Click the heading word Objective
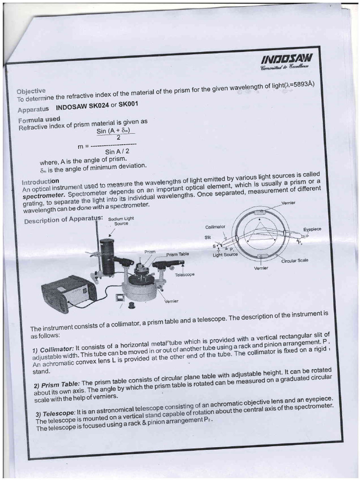[x=31, y=90]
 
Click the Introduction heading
[x=41, y=181]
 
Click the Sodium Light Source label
[x=121, y=221]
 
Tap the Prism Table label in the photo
[x=177, y=254]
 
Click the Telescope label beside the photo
[x=184, y=275]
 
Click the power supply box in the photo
[x=68, y=293]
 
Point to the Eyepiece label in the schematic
[x=312, y=230]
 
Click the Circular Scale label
[x=294, y=261]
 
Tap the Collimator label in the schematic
[x=215, y=227]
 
